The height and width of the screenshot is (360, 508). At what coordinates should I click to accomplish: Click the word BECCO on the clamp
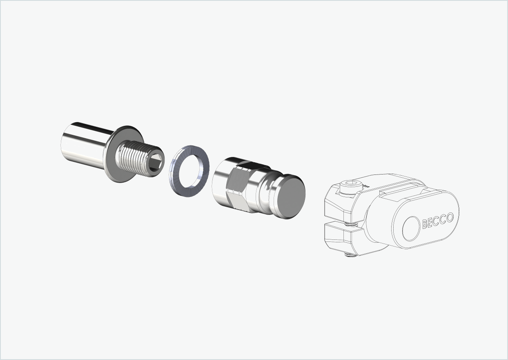[x=437, y=221]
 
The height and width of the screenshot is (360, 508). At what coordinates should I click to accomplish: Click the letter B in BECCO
[x=425, y=224]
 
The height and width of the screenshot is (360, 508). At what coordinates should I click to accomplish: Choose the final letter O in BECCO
[x=449, y=218]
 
